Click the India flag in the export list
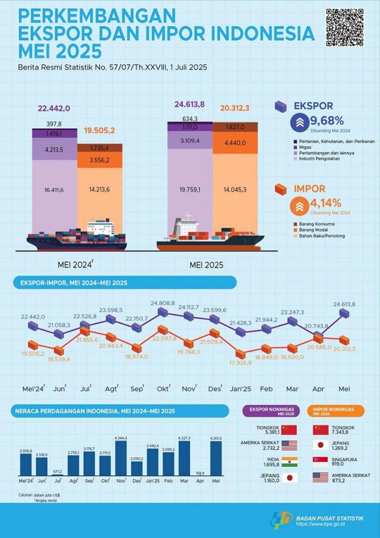coord(289,461)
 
